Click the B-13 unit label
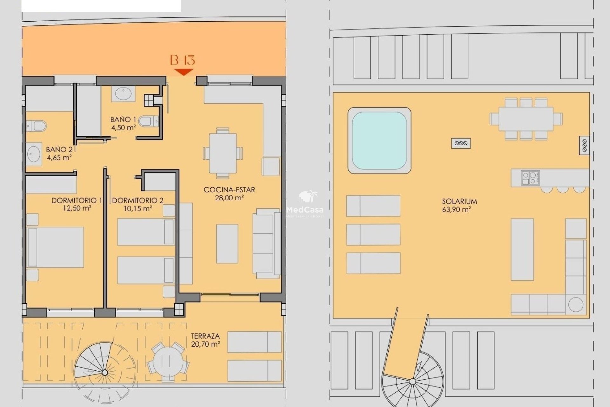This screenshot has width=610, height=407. tap(182, 60)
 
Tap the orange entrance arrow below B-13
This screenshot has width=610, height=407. tap(184, 72)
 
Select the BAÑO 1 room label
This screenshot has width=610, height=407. tap(123, 120)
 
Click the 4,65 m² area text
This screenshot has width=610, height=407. tap(59, 157)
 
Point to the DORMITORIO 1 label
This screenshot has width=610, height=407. tap(77, 200)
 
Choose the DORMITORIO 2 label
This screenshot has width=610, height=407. tap(138, 200)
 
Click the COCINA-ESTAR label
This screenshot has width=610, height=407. tap(229, 190)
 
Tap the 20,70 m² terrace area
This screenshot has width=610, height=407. tap(206, 344)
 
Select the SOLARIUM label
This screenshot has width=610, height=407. tap(459, 201)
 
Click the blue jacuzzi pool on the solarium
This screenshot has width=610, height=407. tap(379, 141)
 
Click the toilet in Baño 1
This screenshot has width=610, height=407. tap(149, 121)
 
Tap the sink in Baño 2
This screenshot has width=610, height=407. tap(34, 154)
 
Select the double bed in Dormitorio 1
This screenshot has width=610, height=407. tap(55, 247)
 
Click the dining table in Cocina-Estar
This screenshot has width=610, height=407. tap(223, 154)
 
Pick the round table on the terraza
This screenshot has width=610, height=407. tap(168, 362)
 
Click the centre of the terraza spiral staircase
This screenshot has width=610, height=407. tap(105, 372)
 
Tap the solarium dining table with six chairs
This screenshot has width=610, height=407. tap(526, 119)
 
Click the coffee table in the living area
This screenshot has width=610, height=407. tap(227, 244)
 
